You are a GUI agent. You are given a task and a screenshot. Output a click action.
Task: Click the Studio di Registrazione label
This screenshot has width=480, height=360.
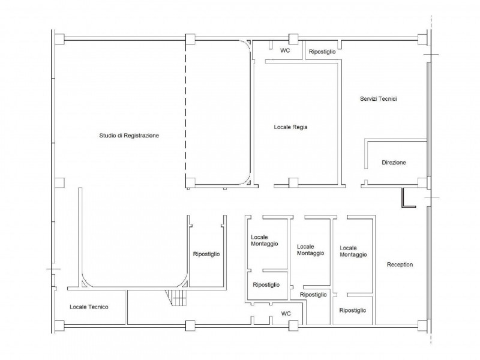click(129, 136)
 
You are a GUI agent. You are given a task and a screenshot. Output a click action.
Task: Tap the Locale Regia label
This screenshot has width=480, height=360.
click(290, 127)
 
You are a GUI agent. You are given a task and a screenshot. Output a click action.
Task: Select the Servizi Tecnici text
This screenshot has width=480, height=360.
click(379, 98)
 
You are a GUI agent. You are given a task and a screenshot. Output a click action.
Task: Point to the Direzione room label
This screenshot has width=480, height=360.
click(394, 163)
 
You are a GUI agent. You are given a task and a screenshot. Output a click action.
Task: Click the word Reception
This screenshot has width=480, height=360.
click(400, 265)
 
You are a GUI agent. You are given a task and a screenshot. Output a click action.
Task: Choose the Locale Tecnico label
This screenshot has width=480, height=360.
click(89, 307)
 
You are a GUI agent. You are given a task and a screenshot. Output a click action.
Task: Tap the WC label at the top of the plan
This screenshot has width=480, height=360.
click(285, 50)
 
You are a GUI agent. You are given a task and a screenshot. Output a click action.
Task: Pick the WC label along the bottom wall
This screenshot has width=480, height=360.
click(286, 313)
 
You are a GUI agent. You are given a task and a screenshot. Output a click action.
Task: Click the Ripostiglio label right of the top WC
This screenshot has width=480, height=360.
click(322, 52)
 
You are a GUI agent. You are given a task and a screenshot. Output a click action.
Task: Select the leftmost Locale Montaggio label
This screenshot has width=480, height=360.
click(265, 241)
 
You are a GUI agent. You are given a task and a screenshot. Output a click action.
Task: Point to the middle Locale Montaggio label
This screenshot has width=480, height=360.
click(310, 250)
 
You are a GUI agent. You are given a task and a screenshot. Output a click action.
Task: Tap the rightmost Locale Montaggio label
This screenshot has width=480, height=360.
click(353, 251)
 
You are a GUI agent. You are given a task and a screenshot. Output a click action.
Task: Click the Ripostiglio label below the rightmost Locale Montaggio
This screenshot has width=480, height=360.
click(353, 310)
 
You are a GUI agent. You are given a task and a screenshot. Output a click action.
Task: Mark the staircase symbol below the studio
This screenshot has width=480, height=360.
click(176, 298)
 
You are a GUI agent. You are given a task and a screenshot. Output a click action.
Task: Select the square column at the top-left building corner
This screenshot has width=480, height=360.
click(59, 39)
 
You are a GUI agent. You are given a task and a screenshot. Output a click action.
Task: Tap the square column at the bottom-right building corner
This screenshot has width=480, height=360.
click(422, 326)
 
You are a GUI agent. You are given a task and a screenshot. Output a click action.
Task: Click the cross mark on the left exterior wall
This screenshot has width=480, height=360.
click(53, 269)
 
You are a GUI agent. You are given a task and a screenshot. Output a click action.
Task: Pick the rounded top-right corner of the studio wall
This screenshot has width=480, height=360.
click(244, 47)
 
